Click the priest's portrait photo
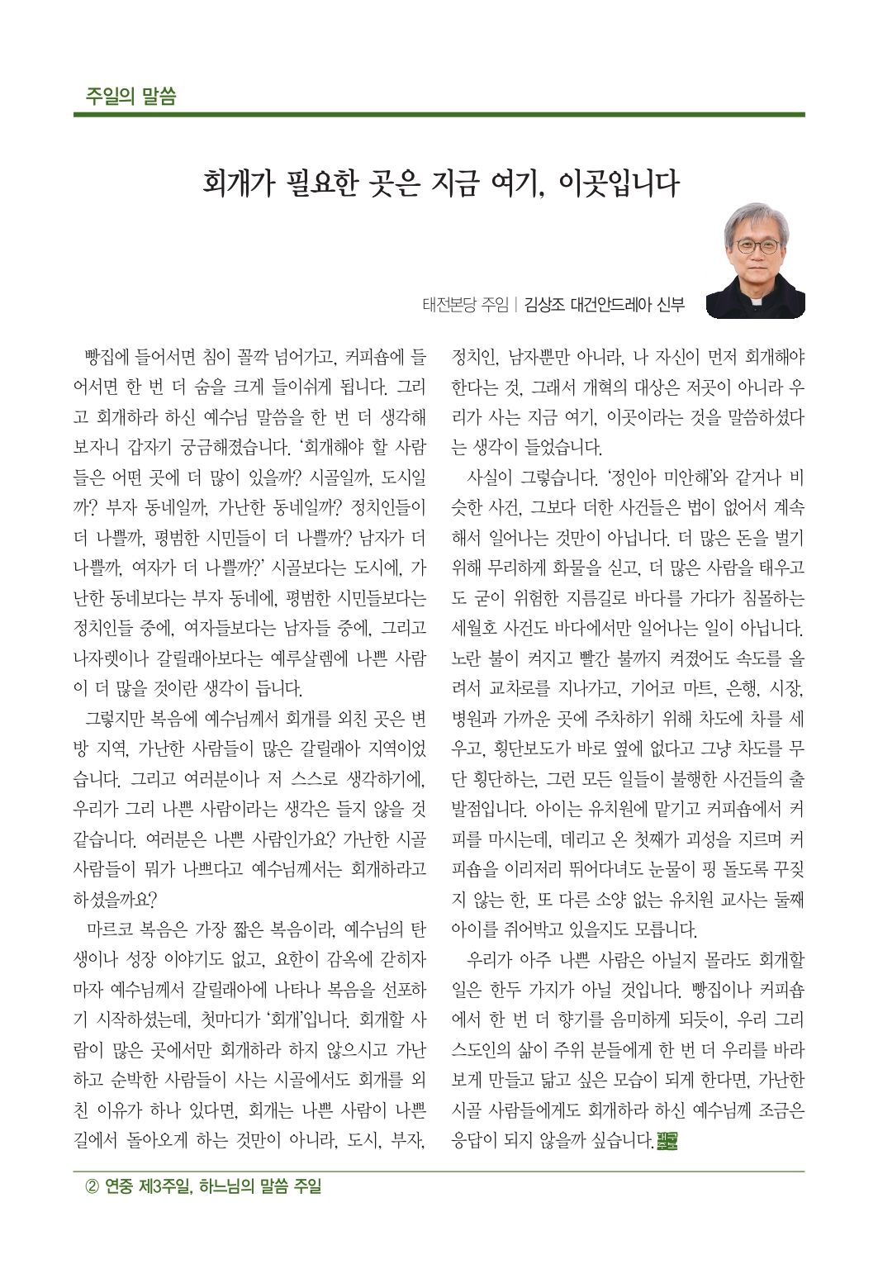tap(756, 260)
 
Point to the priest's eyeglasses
tap(755, 245)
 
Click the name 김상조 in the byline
tap(544, 305)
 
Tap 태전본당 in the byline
tap(452, 305)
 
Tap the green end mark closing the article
tap(666, 1143)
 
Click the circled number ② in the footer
tap(91, 1188)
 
